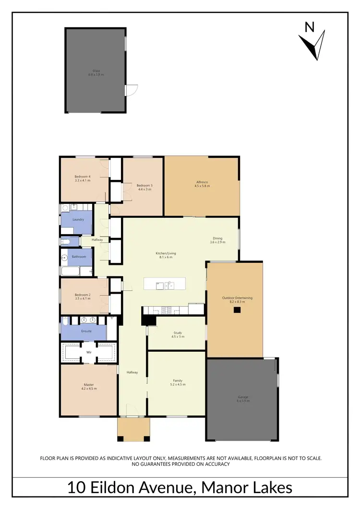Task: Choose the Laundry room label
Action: [78, 220]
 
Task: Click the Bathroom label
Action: [79, 257]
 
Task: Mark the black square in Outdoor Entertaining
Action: [237, 310]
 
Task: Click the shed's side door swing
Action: [132, 90]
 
